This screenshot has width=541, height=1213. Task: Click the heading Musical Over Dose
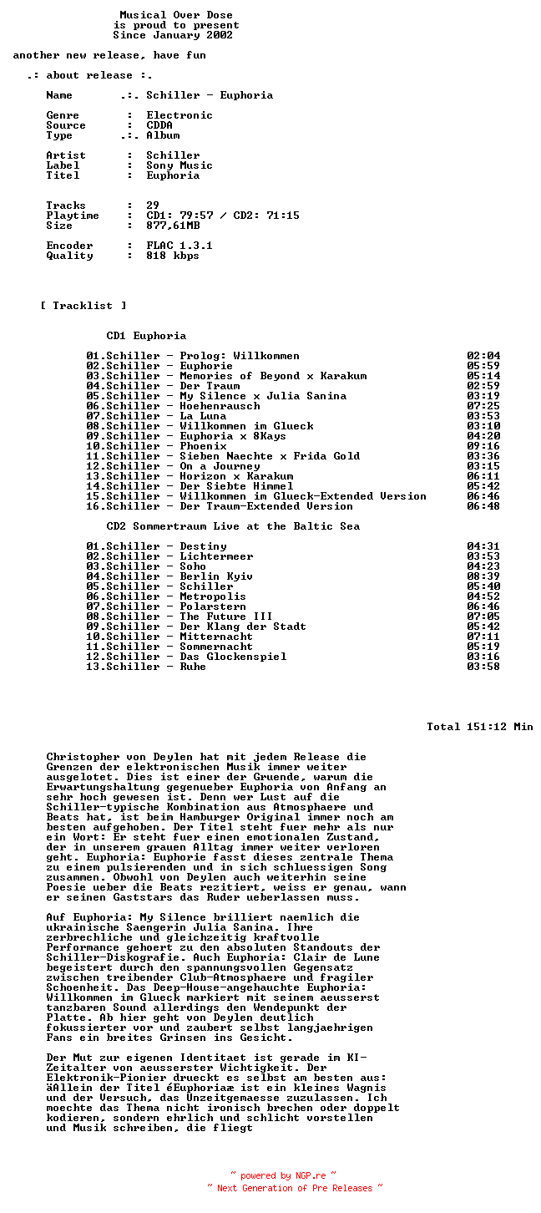coord(176,15)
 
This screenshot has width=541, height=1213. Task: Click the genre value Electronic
coord(179,115)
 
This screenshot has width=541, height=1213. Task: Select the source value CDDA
coord(159,125)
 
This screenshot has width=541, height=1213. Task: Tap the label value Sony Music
coord(179,165)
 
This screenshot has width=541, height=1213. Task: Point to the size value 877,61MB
coord(173,226)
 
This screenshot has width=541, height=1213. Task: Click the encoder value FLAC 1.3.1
coord(179,246)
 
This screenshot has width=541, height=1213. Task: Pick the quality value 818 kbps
coord(173,256)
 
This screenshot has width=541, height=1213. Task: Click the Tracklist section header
coord(83,306)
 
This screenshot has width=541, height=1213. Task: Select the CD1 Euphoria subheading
coord(146,336)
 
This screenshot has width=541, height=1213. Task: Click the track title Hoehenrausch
coord(220,406)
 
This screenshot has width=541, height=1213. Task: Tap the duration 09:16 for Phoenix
coord(483,446)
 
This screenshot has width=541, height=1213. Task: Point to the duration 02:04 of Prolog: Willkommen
coord(483,356)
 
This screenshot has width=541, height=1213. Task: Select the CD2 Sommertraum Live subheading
coord(233,526)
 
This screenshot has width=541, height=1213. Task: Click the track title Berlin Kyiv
coord(216,576)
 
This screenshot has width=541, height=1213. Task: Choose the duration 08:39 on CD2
coord(483,576)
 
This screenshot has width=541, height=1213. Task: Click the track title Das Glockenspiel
coord(233,657)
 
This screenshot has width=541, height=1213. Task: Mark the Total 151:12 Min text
coord(479,727)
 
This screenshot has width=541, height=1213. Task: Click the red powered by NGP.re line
coord(283,1175)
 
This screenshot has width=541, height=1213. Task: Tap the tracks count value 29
coord(153,206)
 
